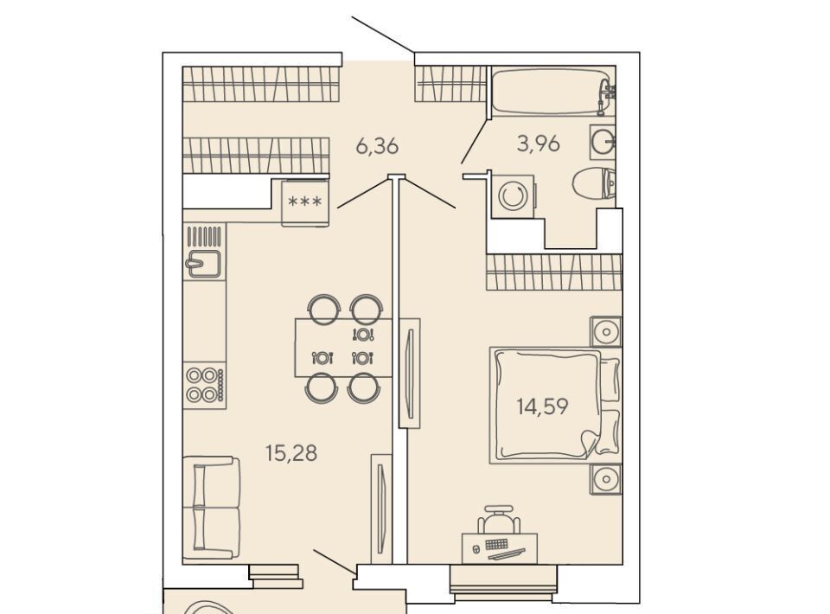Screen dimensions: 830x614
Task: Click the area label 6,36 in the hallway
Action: click(377, 145)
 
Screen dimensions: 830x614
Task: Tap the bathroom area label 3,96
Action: click(539, 144)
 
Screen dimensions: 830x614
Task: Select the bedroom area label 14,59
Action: click(543, 406)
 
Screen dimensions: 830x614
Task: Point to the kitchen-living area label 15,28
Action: click(291, 453)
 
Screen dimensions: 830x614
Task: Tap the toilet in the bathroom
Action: click(594, 183)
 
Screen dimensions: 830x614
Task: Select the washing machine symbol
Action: click(513, 196)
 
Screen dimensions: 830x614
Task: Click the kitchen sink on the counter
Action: click(202, 264)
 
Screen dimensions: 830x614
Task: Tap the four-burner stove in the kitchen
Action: click(205, 385)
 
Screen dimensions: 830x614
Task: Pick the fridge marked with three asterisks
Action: click(305, 202)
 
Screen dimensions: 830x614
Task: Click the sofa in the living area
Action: click(211, 508)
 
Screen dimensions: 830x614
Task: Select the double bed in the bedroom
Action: click(555, 406)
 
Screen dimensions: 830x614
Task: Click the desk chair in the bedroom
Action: click(499, 519)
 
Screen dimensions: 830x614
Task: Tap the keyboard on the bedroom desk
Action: click(496, 544)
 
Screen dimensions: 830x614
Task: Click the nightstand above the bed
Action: click(606, 332)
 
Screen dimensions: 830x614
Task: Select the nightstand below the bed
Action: click(606, 480)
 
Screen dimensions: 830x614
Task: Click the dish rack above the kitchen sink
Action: click(204, 235)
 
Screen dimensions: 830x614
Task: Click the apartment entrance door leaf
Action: click(383, 35)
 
